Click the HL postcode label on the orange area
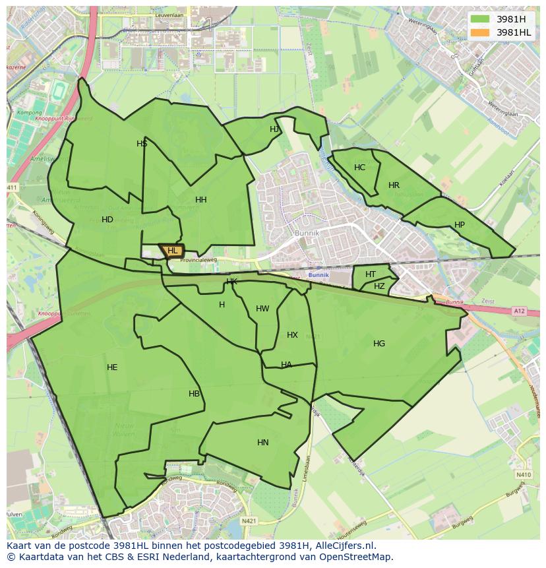point(173,251)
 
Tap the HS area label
point(142,144)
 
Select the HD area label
point(107,220)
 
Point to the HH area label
point(201,200)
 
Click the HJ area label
point(274,129)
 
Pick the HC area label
point(359,168)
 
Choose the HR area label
point(394,185)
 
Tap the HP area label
point(460,225)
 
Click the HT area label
point(371,274)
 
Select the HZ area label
point(379,286)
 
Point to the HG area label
point(379,344)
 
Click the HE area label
point(112,367)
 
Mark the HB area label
point(194,394)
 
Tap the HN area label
point(263,443)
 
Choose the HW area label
point(262,309)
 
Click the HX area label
point(292,335)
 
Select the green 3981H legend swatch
point(480,19)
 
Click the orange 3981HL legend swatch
point(480,32)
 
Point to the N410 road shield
point(524,474)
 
